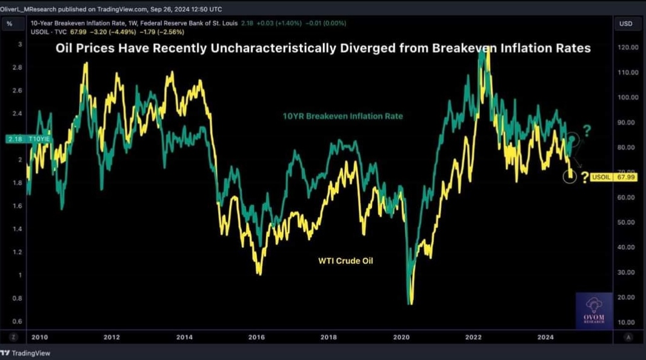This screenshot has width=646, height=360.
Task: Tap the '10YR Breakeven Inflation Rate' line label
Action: click(x=342, y=116)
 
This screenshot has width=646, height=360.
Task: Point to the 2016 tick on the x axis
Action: click(x=256, y=337)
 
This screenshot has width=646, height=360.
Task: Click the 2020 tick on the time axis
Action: click(x=401, y=337)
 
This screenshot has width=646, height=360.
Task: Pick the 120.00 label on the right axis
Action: click(x=626, y=47)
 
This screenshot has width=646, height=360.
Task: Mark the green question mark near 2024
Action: click(x=587, y=130)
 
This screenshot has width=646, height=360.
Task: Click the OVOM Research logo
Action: click(x=594, y=310)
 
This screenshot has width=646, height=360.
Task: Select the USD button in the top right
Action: click(x=626, y=24)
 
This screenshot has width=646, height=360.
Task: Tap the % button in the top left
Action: click(x=10, y=24)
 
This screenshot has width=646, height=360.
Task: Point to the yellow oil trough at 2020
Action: click(x=410, y=302)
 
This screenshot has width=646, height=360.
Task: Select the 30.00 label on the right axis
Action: click(x=626, y=272)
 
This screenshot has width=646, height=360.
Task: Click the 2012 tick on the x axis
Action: click(x=112, y=337)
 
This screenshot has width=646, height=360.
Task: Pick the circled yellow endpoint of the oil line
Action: click(x=570, y=176)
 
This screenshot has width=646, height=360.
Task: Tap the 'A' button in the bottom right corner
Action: click(x=629, y=337)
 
